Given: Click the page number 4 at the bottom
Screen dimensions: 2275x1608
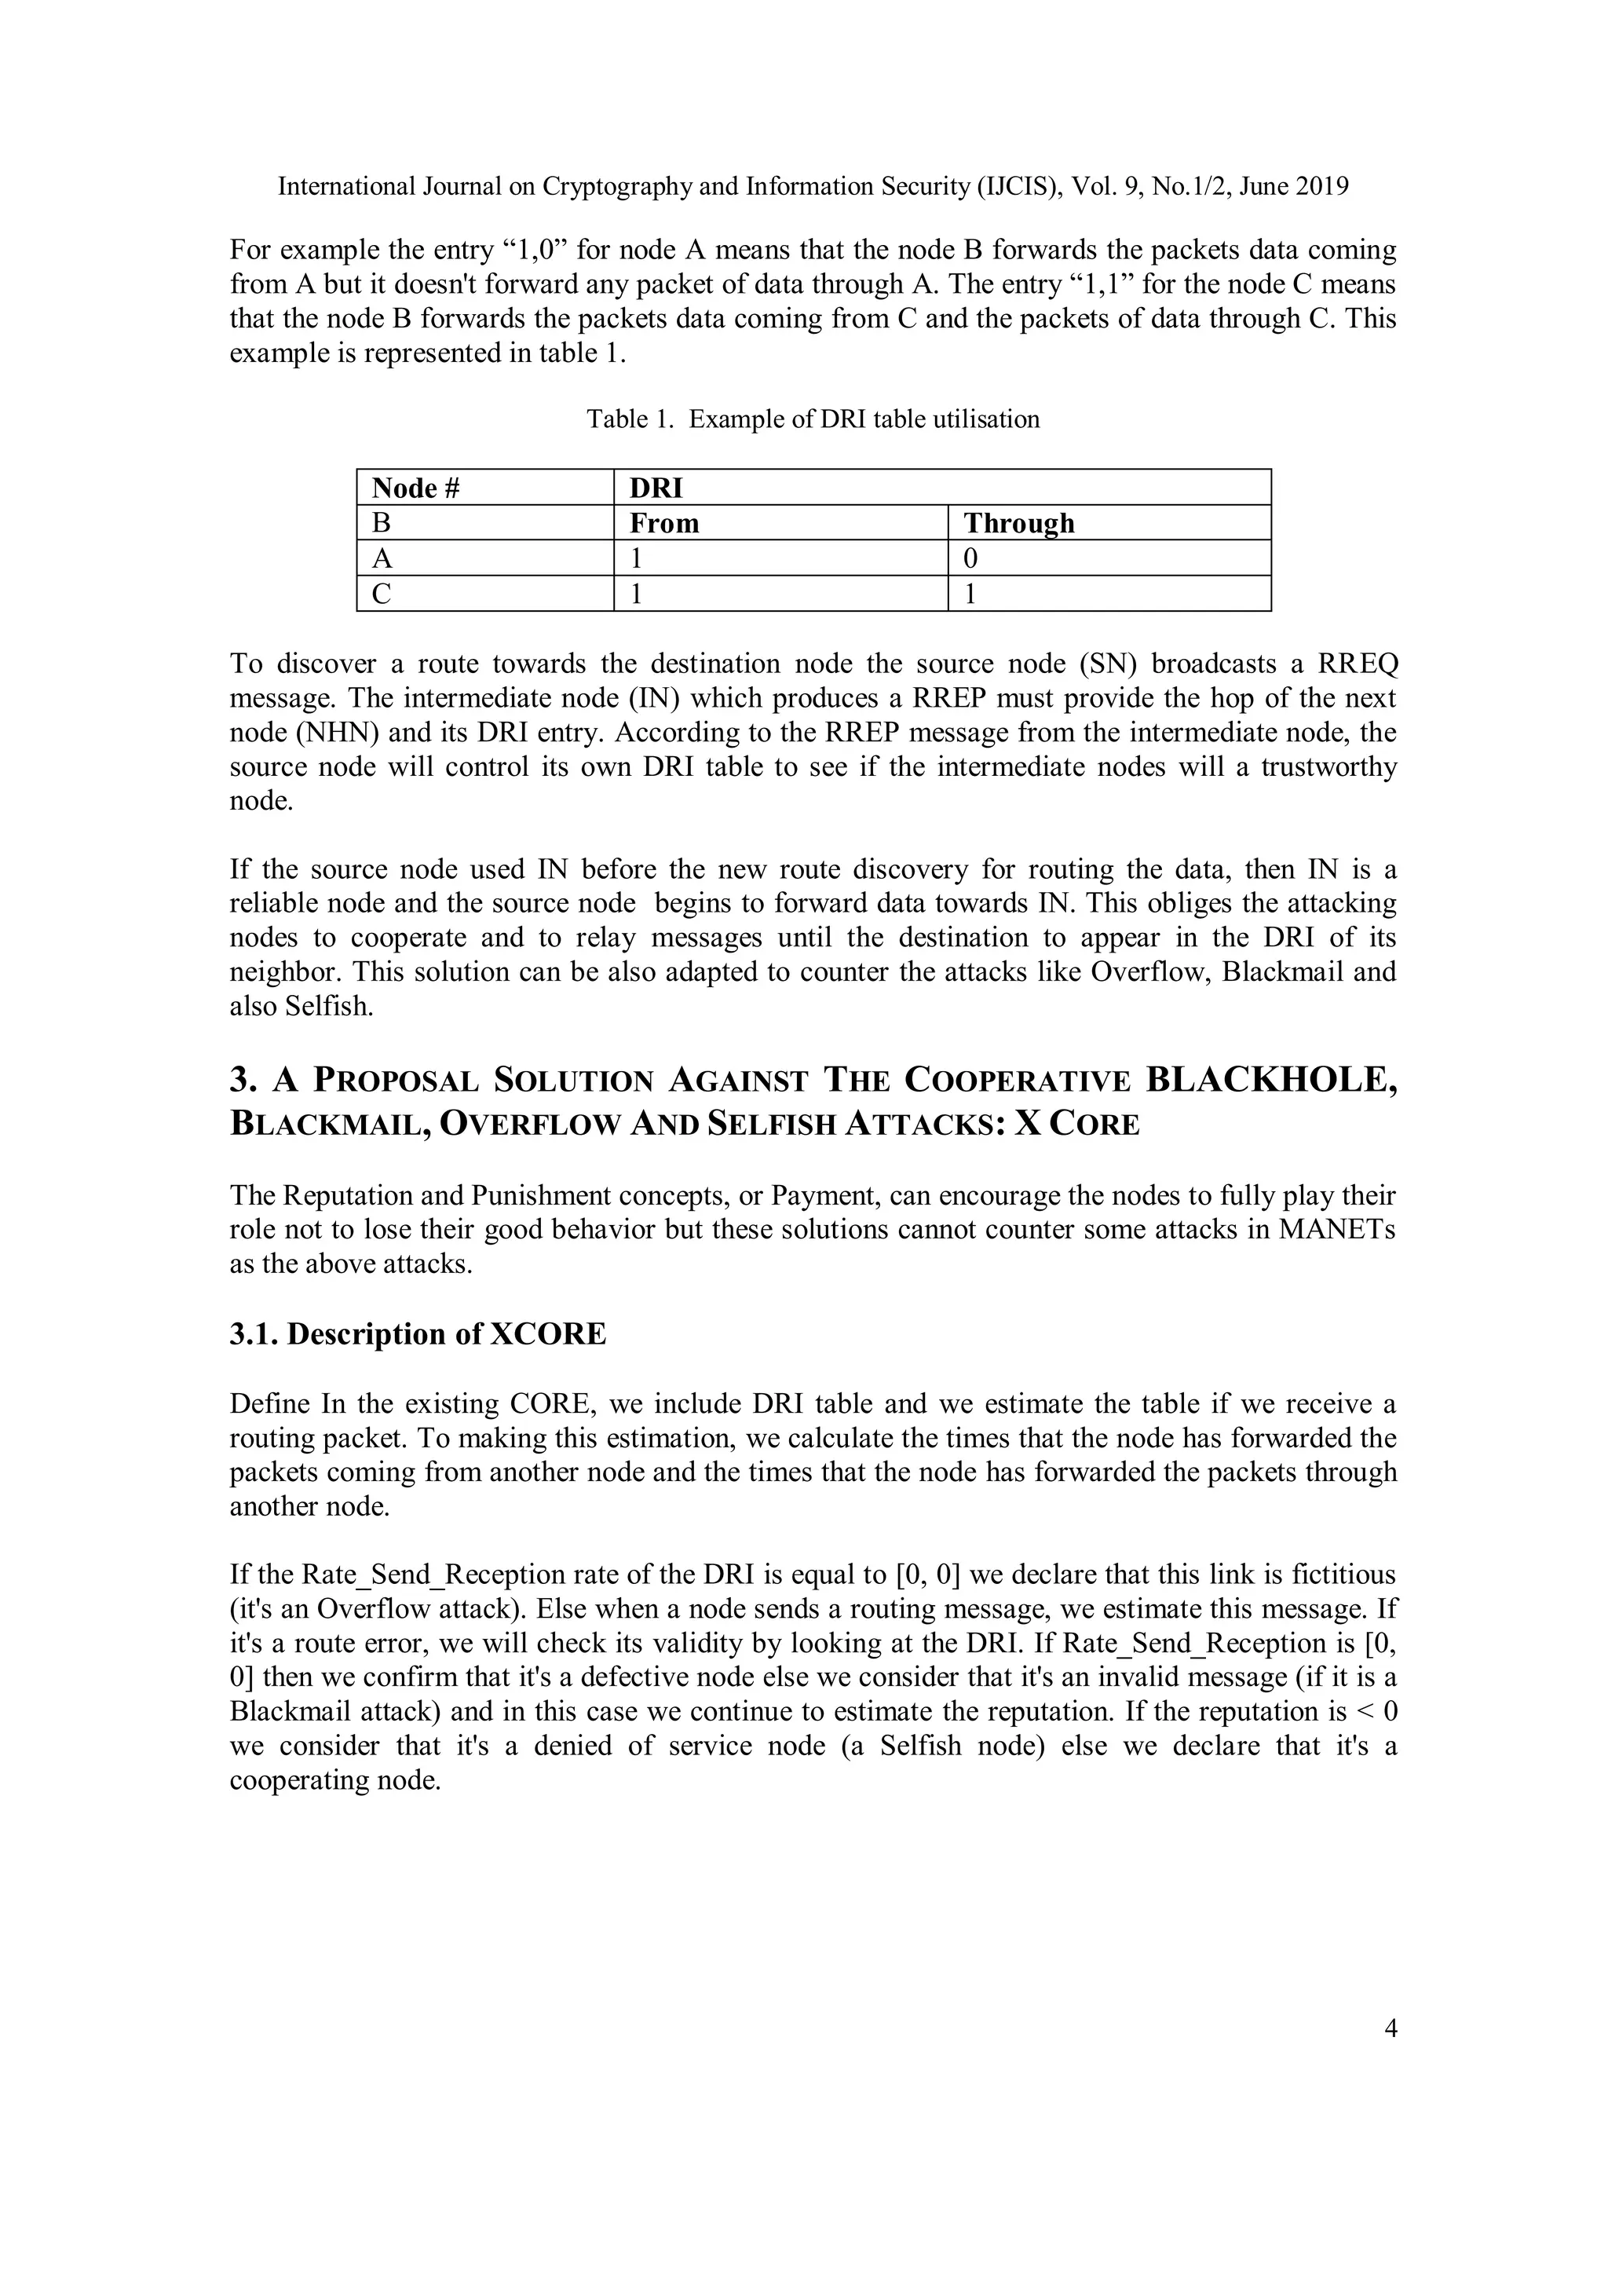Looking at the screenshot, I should (1390, 2028).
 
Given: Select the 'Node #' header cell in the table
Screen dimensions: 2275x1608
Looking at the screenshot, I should (417, 488).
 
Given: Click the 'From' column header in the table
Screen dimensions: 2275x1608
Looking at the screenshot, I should (663, 523).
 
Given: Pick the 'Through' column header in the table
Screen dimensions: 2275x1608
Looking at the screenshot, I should (1018, 523).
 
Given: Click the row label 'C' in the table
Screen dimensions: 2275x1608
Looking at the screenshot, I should (382, 594).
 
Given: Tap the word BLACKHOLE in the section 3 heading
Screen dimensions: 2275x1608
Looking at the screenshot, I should (1269, 1079).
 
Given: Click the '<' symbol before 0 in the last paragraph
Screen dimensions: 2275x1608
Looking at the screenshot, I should (1365, 1711).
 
